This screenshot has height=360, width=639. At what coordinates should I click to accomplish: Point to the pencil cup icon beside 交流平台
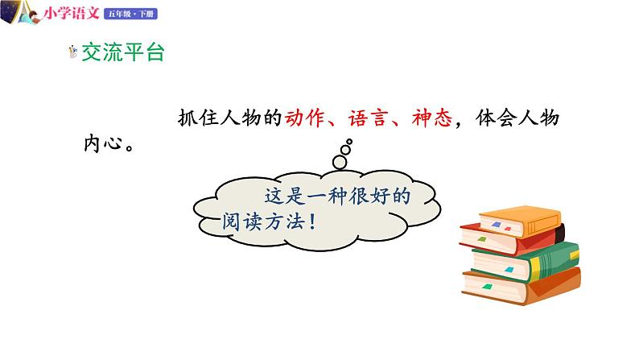[73, 53]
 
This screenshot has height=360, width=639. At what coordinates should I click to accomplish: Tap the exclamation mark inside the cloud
[311, 221]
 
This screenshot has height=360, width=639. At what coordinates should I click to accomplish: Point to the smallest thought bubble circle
[349, 142]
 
